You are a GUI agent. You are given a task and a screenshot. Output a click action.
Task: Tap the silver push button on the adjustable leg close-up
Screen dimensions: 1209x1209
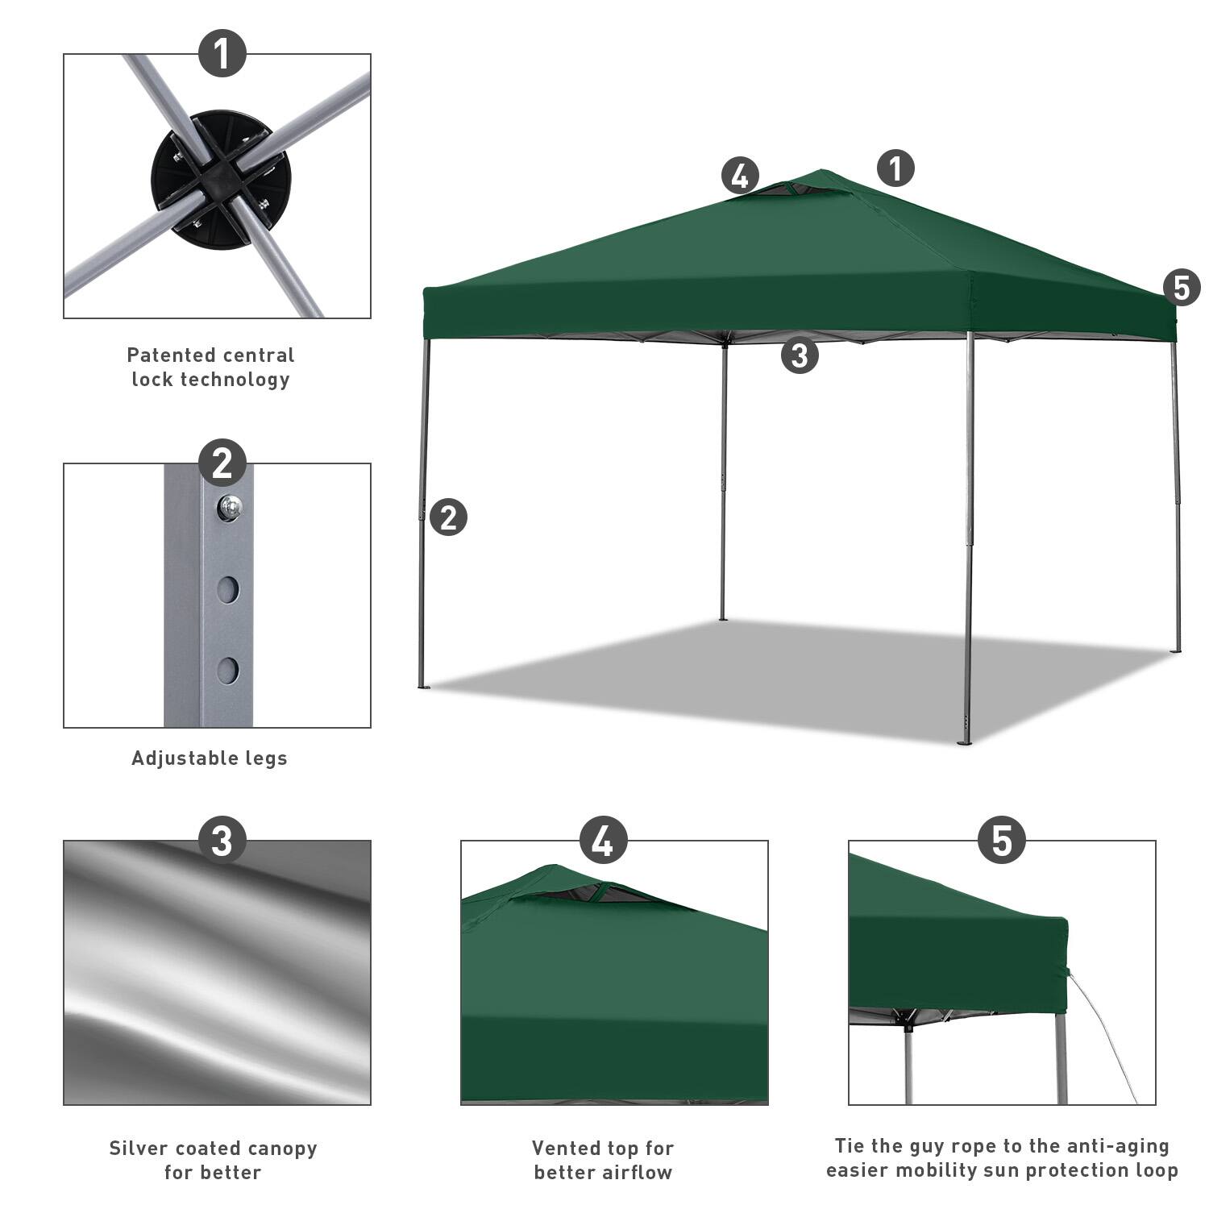[230, 507]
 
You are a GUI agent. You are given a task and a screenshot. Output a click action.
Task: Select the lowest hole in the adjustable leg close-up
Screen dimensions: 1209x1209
[228, 670]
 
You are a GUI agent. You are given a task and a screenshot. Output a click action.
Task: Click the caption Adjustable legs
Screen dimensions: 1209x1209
[210, 758]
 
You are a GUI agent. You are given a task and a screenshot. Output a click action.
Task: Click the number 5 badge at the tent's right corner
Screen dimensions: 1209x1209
[1182, 288]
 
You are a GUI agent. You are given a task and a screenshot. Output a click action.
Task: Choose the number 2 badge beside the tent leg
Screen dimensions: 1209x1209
[448, 517]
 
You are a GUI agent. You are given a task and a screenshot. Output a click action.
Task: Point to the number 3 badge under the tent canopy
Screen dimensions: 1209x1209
[800, 355]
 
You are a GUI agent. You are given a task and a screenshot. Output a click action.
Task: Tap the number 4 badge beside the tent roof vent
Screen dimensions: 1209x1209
[740, 176]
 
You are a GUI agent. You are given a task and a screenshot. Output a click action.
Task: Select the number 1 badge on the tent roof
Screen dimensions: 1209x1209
[895, 168]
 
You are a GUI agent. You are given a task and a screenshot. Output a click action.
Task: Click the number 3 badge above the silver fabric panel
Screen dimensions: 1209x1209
[222, 841]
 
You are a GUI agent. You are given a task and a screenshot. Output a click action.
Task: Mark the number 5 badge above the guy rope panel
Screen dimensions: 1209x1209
[1001, 841]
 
